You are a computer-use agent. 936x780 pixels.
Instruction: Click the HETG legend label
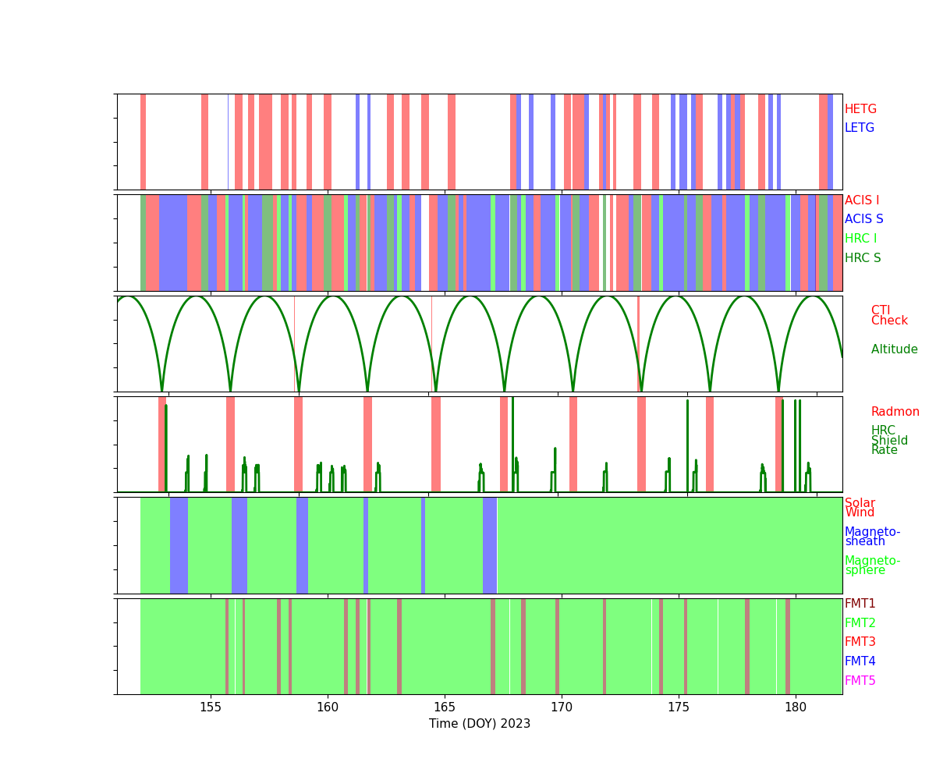[x=860, y=109]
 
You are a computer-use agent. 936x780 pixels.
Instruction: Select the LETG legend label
[x=860, y=128]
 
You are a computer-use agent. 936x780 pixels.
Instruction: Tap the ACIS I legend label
[x=862, y=200]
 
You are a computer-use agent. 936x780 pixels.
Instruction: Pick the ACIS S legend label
[x=863, y=219]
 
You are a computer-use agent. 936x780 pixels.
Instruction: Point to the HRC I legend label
[x=860, y=239]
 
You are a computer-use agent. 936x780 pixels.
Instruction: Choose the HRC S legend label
[x=862, y=258]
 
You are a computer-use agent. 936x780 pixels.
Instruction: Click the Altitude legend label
[x=894, y=349]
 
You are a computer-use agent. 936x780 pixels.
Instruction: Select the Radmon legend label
[x=895, y=412]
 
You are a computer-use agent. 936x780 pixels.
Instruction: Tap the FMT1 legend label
[x=860, y=604]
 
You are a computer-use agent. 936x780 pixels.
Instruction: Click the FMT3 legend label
[x=860, y=642]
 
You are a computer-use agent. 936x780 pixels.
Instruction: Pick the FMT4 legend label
[x=860, y=661]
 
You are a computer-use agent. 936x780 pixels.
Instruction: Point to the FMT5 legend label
[x=860, y=681]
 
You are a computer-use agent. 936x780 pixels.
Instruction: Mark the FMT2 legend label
[x=860, y=623]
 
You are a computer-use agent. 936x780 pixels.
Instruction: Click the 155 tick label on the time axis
[x=211, y=707]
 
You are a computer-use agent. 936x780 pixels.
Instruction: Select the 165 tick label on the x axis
[x=445, y=707]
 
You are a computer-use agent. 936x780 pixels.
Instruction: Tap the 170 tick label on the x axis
[x=562, y=707]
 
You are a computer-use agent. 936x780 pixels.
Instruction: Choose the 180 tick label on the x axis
[x=796, y=707]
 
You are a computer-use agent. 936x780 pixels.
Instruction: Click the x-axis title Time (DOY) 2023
[x=480, y=724]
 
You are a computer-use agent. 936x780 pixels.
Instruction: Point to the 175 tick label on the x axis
[x=679, y=707]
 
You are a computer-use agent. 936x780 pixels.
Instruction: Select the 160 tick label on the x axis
[x=328, y=707]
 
